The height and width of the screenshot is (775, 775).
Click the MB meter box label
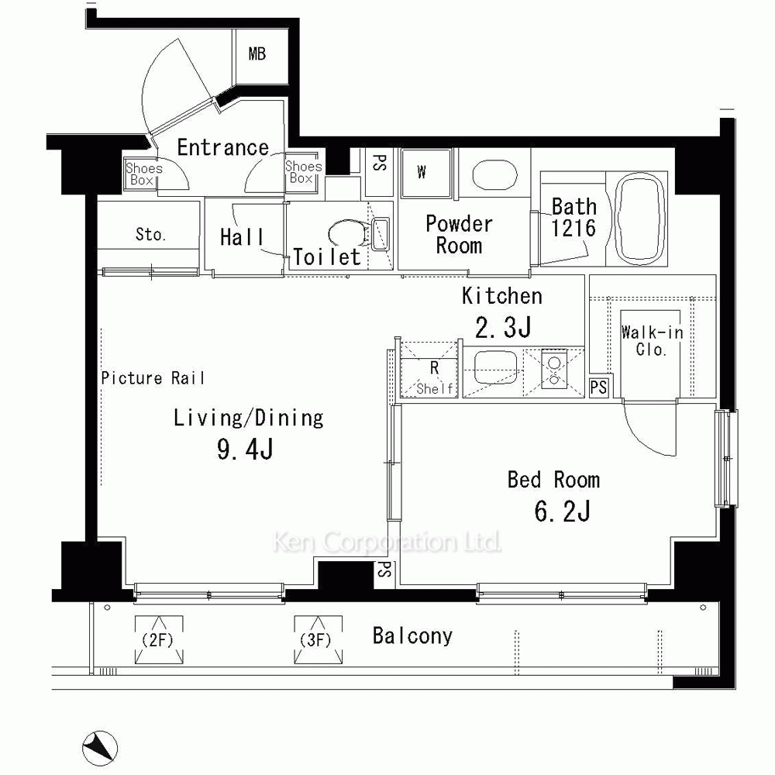(257, 53)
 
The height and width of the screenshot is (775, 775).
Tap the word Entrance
(223, 147)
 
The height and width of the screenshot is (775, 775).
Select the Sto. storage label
(150, 234)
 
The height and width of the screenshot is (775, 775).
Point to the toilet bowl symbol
(346, 234)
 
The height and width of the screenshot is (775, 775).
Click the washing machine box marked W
(426, 173)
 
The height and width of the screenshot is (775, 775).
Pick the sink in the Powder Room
(494, 174)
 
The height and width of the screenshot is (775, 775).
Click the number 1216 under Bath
(573, 228)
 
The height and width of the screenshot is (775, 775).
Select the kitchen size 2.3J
(503, 328)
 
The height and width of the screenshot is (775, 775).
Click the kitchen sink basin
(496, 368)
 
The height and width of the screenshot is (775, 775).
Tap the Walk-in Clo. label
(652, 341)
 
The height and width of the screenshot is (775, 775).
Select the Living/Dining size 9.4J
(245, 449)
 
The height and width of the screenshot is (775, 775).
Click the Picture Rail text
(153, 378)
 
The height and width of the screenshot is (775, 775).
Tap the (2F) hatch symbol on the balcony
(159, 639)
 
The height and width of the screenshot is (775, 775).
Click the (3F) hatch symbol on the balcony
(318, 639)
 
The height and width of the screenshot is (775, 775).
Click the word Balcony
(412, 636)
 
